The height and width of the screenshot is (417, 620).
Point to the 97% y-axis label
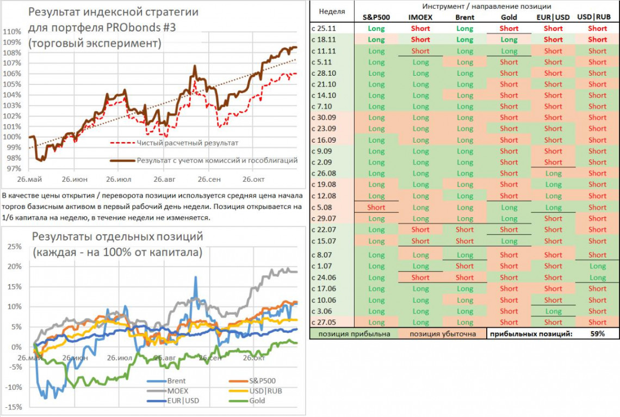coord(13,168)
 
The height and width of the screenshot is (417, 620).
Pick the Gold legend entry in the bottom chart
coord(257,400)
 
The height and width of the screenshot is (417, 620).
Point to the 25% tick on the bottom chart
coord(14,246)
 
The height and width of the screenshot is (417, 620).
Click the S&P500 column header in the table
coord(376,17)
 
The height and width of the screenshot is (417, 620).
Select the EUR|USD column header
coord(553,17)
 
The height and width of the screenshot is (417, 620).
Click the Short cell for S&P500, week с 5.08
coord(376,207)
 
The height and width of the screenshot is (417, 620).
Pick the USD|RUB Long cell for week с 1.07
coord(597,266)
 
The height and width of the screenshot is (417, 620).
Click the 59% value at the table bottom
coord(597,334)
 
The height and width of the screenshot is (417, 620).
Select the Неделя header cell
coord(331,11)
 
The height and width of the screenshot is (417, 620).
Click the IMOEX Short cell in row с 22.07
coord(420,230)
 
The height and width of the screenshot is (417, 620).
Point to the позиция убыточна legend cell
coord(442,334)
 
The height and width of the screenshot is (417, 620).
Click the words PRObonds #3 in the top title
coord(153,27)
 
